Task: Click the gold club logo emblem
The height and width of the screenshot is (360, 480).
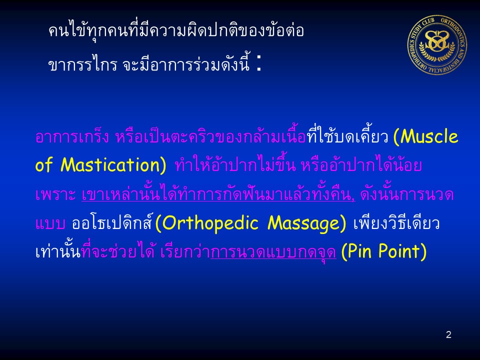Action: point(437,45)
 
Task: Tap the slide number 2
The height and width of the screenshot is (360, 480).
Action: point(448,334)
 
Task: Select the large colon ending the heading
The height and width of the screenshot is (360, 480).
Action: point(259,63)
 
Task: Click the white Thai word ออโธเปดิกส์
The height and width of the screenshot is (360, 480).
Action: point(111,222)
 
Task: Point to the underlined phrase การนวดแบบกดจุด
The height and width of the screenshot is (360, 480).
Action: point(273,252)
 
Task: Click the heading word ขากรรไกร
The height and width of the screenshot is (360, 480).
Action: point(82,64)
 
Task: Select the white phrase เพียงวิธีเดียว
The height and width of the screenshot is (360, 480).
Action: point(396,222)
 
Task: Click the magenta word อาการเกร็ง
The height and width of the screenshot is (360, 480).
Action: point(72,136)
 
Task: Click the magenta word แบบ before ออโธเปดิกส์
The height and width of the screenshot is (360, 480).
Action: point(50,223)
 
